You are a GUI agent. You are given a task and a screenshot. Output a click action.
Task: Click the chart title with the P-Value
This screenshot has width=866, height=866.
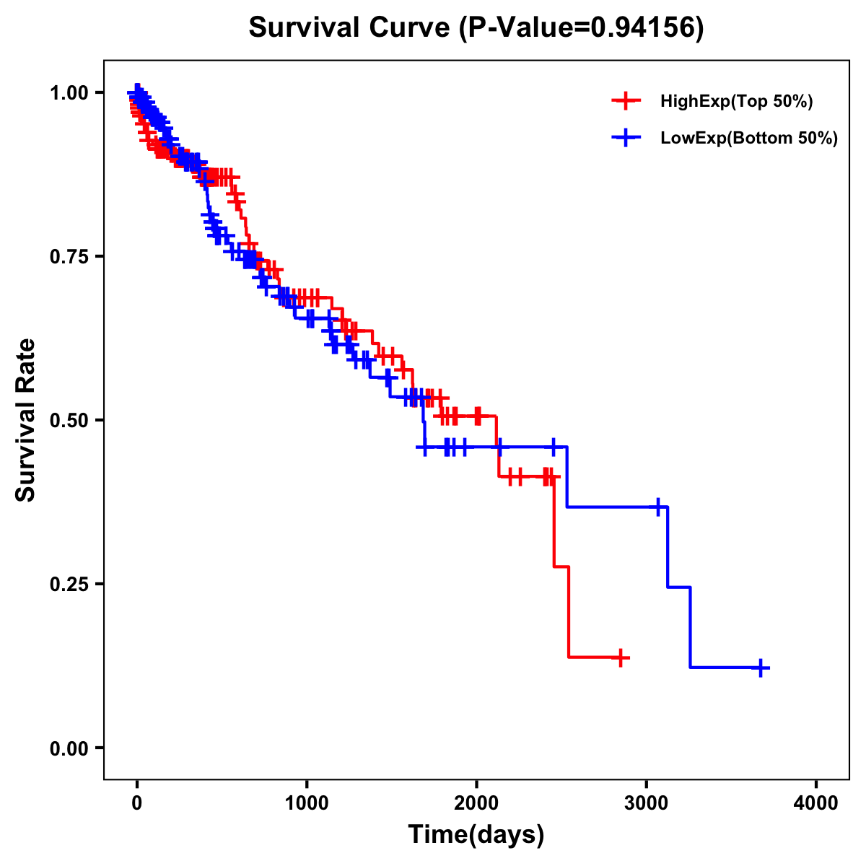tap(476, 27)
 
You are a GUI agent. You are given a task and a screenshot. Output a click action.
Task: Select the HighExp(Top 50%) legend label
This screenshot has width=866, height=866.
tap(736, 102)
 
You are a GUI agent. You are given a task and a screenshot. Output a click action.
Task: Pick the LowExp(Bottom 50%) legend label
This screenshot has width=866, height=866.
tap(749, 139)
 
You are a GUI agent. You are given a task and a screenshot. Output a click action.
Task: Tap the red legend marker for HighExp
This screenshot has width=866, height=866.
tap(626, 101)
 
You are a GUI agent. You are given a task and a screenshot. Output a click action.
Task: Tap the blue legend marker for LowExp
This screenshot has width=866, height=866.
tap(626, 137)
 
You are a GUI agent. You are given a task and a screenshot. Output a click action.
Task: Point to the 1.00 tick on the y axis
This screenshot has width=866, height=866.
tap(69, 92)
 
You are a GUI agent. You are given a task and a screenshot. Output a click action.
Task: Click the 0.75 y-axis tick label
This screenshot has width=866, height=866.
tap(69, 256)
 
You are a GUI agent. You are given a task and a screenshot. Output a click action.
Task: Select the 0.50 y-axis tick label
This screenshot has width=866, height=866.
tap(69, 420)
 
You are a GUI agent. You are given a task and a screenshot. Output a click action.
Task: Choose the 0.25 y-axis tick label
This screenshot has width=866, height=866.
tap(69, 584)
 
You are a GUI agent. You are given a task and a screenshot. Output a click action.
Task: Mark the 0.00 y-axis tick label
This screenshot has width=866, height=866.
tap(69, 748)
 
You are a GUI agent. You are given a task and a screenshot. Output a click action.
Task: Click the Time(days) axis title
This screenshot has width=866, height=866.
tap(476, 835)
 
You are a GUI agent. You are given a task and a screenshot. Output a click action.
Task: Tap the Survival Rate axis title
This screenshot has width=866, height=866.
tap(26, 420)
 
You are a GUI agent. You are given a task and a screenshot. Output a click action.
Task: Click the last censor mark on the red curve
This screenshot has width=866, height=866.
tap(621, 657)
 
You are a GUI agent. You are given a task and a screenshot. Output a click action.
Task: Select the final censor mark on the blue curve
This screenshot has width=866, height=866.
tap(761, 668)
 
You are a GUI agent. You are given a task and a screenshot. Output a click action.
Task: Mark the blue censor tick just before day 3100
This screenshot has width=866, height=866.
tap(658, 507)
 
